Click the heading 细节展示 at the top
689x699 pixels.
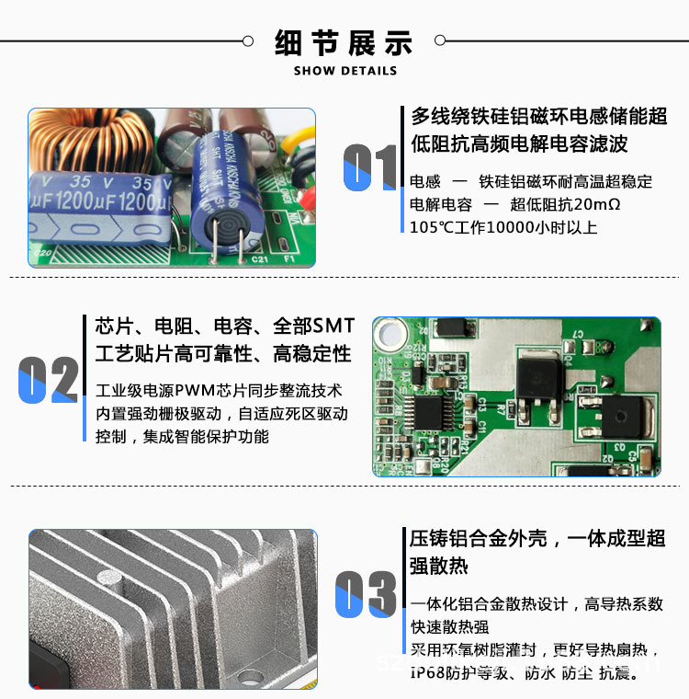point(344,41)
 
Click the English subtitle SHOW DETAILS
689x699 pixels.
point(344,71)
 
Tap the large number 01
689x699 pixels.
point(370,166)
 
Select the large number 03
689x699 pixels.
point(366,592)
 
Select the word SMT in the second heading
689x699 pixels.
point(333,326)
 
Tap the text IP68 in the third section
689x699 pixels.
point(428,674)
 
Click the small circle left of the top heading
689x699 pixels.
point(247,40)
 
